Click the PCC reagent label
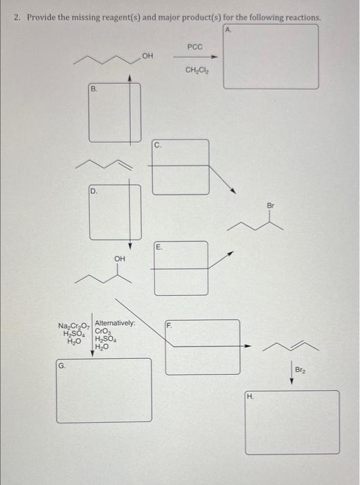tap(195, 46)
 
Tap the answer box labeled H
tap(292, 422)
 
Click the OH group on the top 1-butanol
tap(147, 55)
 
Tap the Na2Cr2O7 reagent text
tap(73, 326)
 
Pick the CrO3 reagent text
tap(102, 332)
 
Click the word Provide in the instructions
tap(42, 17)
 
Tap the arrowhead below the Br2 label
tap(292, 382)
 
